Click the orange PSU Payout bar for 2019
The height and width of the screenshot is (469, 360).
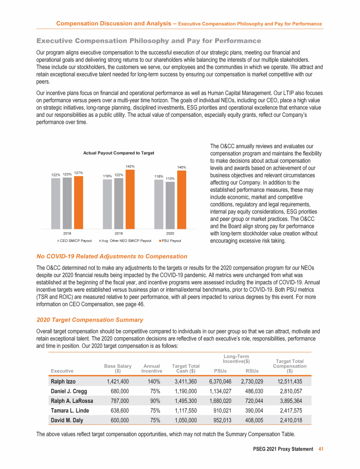pos(130,198)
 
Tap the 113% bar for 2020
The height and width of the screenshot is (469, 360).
pos(170,204)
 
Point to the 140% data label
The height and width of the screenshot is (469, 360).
pos(182,166)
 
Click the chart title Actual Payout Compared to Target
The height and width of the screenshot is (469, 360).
pos(119,153)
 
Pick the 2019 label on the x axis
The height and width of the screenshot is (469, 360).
pos(119,233)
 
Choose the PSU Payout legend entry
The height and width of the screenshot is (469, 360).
pos(171,241)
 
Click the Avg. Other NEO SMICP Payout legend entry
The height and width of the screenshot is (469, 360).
pos(125,241)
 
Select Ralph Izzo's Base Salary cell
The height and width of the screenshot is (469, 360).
pos(116,381)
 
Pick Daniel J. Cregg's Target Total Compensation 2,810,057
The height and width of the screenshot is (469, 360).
pos(292,391)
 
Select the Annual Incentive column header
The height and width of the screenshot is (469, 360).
pos(151,368)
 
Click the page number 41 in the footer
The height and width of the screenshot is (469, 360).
pos(321,449)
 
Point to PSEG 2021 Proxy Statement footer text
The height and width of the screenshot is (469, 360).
pos(281,449)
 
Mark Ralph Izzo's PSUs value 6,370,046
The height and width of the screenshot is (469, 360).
pos(220,381)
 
